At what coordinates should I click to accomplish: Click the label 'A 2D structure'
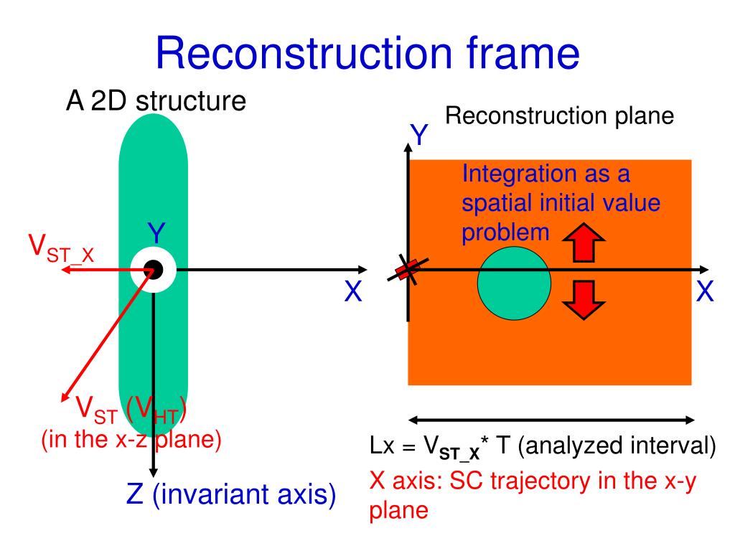pyautogui.click(x=156, y=100)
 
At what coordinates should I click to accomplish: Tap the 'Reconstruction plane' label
pyautogui.click(x=560, y=116)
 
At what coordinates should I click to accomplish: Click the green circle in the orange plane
pyautogui.click(x=514, y=283)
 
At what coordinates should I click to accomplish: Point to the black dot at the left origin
pyautogui.click(x=153, y=270)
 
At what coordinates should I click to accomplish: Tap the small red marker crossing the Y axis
pyautogui.click(x=407, y=270)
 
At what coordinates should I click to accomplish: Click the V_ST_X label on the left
pyautogui.click(x=62, y=248)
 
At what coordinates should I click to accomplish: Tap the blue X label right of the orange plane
pyautogui.click(x=705, y=292)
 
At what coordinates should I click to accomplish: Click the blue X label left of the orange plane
pyautogui.click(x=351, y=292)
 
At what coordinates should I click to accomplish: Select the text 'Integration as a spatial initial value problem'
pyautogui.click(x=561, y=203)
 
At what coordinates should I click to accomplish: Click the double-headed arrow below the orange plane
pyautogui.click(x=551, y=420)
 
